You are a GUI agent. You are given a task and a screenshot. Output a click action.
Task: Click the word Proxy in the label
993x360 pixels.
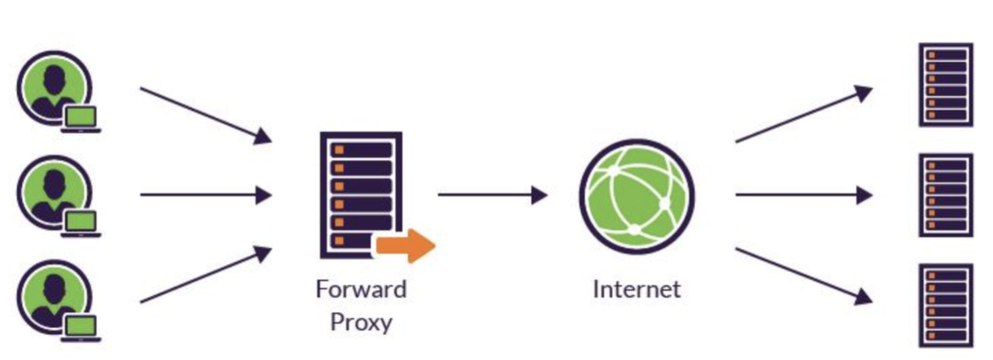click(360, 323)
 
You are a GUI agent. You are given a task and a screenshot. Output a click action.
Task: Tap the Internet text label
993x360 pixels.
click(636, 289)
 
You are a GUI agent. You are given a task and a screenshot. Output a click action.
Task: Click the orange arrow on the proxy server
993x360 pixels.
click(407, 245)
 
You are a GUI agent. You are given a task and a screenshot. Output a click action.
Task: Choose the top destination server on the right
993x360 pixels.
click(945, 84)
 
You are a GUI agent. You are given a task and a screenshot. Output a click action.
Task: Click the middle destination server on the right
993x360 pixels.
click(945, 195)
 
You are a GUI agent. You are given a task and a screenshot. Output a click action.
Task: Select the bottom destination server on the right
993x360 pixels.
click(945, 305)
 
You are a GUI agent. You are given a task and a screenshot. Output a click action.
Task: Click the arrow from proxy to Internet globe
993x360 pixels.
click(492, 195)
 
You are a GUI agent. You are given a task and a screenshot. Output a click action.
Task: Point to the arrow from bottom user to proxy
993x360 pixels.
click(206, 275)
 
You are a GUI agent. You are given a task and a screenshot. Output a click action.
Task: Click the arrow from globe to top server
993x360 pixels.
click(803, 115)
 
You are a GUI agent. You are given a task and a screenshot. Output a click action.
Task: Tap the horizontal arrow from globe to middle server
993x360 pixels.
click(803, 195)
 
